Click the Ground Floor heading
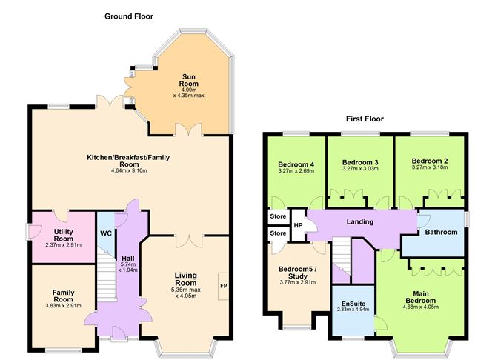[129, 16]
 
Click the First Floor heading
[365, 119]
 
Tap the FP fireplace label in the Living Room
[224, 286]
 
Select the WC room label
[106, 233]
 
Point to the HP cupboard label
[298, 226]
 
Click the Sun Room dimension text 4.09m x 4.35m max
[189, 93]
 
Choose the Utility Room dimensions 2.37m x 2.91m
[64, 245]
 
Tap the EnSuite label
[353, 304]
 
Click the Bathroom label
[441, 232]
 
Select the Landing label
[360, 221]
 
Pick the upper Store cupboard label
[278, 216]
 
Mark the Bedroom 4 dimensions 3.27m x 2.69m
[296, 171]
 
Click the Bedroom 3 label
[360, 162]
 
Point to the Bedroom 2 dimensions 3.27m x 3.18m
[430, 167]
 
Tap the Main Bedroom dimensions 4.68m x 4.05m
[421, 307]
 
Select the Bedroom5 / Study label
[297, 273]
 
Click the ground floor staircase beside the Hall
[107, 276]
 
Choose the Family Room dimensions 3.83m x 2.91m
[63, 306]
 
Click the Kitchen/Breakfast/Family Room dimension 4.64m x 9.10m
[129, 171]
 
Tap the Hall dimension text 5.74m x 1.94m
[128, 267]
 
